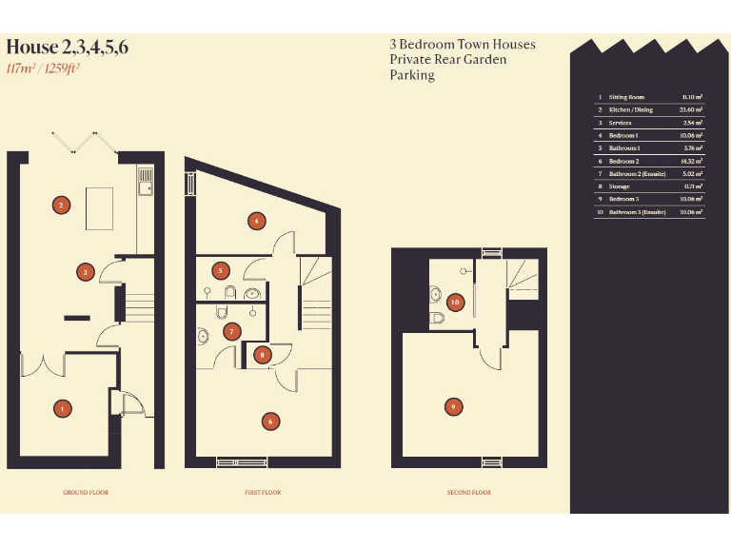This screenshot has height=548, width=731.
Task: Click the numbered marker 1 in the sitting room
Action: (62, 408)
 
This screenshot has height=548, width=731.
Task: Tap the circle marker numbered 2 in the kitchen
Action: (61, 205)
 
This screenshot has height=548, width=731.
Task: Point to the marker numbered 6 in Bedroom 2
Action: (270, 421)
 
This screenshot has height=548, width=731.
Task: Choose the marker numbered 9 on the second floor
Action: (454, 406)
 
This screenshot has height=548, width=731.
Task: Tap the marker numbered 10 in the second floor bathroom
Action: (455, 302)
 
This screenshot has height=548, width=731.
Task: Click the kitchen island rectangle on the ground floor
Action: (100, 208)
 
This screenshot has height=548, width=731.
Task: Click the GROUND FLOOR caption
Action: (86, 493)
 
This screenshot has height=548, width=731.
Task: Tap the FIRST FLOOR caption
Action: (263, 493)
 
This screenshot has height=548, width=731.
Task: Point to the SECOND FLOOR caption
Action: (468, 493)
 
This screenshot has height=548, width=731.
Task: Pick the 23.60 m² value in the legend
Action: (692, 110)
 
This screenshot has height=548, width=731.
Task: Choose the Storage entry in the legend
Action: (620, 186)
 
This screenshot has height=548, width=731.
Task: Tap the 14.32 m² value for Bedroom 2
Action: (692, 161)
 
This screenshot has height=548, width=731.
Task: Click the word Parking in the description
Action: (412, 75)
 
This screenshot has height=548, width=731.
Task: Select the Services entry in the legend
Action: (621, 123)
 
